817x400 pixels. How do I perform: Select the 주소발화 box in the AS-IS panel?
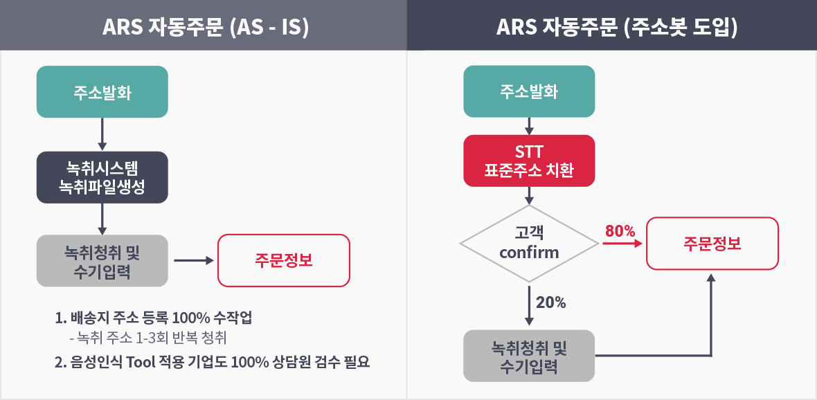click(102, 91)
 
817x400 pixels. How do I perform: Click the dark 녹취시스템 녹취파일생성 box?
click(102, 177)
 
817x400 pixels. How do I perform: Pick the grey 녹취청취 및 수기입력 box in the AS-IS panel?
click(102, 260)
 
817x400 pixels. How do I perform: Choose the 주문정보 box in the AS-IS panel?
click(283, 260)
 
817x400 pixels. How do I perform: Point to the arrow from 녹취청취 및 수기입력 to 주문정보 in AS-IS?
click(194, 260)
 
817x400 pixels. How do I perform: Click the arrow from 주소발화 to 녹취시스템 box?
click(102, 134)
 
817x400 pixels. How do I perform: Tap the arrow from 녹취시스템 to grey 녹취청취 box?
click(102, 219)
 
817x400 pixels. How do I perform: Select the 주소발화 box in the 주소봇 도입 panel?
click(529, 91)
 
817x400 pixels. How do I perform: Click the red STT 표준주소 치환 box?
click(529, 161)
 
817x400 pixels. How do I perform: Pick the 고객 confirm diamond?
click(529, 243)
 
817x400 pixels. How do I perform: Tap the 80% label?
click(620, 230)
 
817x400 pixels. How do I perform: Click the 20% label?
click(550, 302)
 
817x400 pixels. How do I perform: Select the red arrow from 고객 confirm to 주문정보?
click(622, 243)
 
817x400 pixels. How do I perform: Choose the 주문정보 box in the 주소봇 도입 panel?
click(712, 243)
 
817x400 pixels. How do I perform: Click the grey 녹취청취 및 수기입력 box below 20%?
click(529, 356)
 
